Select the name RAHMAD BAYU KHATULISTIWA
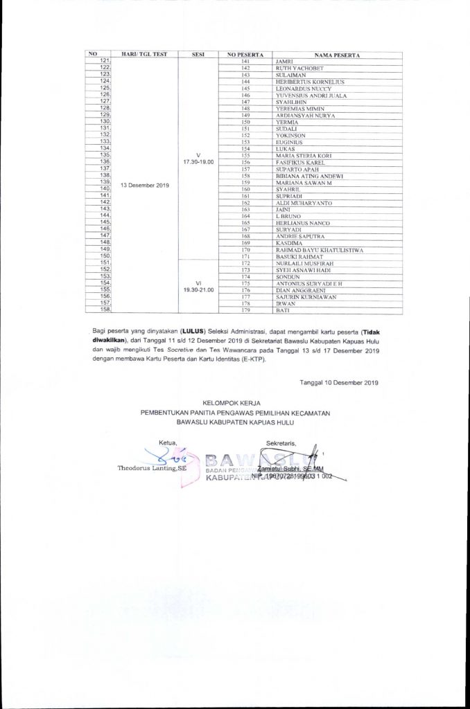click(x=315, y=249)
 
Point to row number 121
click(x=106, y=62)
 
